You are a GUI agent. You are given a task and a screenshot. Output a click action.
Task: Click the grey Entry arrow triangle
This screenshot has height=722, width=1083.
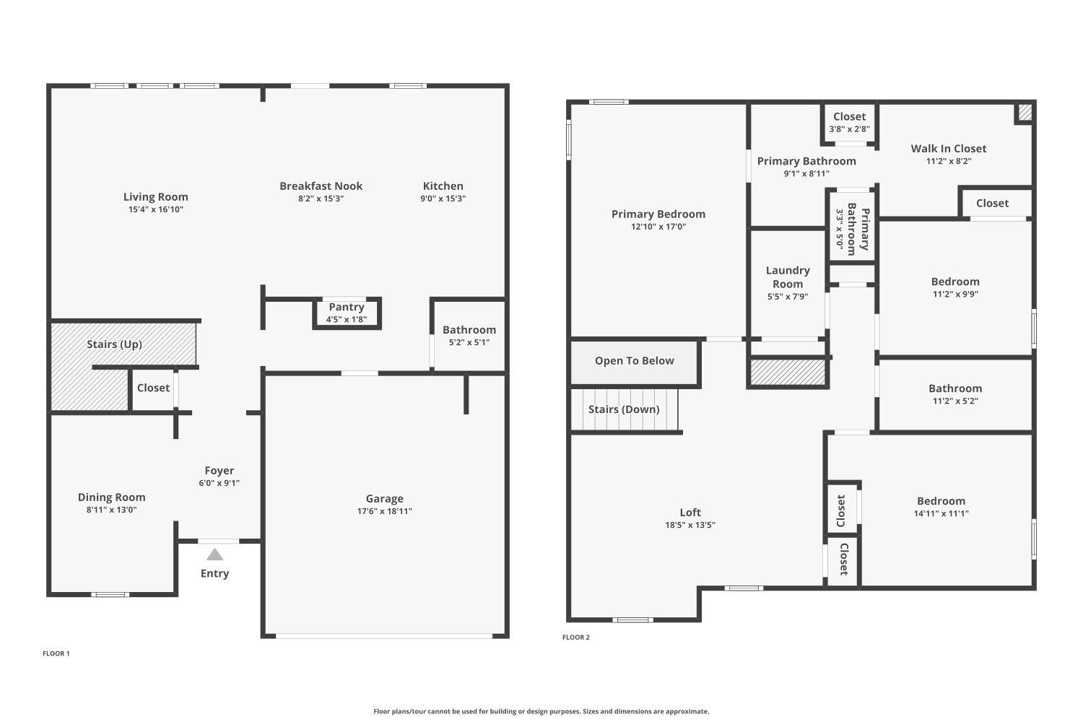pos(214,554)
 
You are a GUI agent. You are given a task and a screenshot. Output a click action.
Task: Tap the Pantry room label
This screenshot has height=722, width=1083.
pos(346,307)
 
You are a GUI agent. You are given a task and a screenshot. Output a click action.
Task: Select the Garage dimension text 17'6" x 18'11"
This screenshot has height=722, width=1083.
pos(384,511)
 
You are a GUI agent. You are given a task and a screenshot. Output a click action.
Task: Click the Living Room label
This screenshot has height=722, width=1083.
pos(156,197)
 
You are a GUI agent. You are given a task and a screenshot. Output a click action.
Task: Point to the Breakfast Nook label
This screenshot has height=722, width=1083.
pos(321,186)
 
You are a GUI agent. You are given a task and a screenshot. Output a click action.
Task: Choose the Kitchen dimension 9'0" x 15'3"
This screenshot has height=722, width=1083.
pos(443,199)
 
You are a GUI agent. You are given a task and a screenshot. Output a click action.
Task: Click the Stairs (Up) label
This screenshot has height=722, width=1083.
pos(115,344)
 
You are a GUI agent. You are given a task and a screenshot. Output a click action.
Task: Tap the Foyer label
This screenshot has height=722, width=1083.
pos(219,471)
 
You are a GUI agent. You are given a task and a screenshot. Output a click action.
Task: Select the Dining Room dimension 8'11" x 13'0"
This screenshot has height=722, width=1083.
pos(112,510)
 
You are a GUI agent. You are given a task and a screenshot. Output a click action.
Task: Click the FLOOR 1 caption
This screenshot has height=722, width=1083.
pos(56,653)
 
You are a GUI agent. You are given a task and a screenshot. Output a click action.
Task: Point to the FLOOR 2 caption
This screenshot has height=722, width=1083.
pos(576,638)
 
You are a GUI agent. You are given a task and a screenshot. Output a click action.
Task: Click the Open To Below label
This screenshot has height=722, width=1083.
pos(635,361)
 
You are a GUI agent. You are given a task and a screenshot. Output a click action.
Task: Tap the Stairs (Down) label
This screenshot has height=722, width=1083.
pos(624,409)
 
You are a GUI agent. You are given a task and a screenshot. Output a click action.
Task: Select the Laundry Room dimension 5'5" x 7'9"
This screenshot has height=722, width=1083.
pos(788,297)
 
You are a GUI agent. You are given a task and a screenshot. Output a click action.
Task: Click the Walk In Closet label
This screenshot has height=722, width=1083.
pos(949,149)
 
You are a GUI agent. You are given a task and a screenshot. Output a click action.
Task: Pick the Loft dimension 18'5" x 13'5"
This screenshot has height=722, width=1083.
pos(690,525)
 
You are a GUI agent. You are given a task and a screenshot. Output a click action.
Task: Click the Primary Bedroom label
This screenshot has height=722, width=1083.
pos(658,214)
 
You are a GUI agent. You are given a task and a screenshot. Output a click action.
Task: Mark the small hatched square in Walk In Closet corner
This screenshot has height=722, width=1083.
pos(1025,113)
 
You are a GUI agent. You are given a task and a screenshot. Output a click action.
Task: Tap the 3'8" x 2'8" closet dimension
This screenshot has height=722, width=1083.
pos(850,129)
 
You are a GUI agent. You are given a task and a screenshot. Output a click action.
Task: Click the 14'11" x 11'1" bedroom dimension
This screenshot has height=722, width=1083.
pos(941,513)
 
